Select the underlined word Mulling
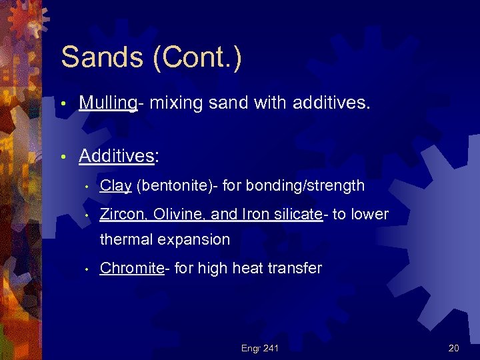coord(107,103)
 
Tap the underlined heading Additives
coord(117,156)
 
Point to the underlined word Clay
coord(115,186)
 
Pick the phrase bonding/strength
coord(293,186)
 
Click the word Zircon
coord(120,214)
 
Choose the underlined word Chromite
coord(131,269)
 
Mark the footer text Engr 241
coord(260,348)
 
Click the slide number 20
coord(454,348)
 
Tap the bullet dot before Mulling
coord(62,104)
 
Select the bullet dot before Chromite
coord(87,269)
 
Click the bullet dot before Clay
coord(87,187)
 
